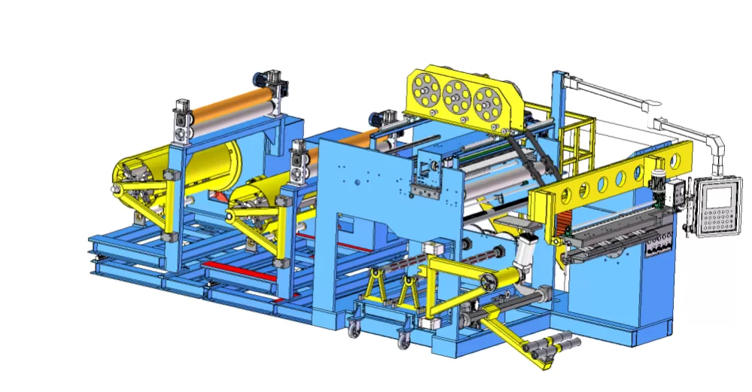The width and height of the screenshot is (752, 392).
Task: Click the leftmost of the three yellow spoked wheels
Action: coord(426,93)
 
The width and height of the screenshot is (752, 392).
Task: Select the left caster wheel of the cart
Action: coord(353,326)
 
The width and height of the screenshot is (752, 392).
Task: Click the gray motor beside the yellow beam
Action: coord(660,186)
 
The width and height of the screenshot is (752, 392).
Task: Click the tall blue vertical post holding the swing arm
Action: coord(558,113)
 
